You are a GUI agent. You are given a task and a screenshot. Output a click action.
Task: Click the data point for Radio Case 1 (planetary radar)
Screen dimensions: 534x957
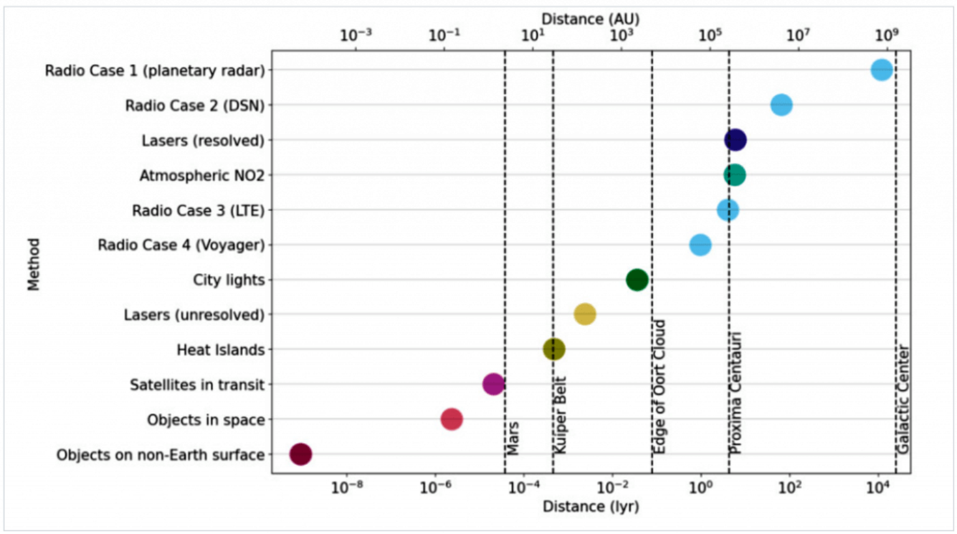tap(882, 70)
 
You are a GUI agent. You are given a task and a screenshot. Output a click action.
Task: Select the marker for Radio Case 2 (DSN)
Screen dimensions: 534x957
tap(781, 105)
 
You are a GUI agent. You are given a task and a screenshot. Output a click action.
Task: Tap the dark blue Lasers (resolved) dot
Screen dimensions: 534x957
tap(735, 140)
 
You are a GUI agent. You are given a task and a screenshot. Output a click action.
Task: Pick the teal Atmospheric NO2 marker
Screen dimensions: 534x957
tap(735, 175)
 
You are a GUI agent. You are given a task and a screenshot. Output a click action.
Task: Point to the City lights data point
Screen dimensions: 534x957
tap(637, 280)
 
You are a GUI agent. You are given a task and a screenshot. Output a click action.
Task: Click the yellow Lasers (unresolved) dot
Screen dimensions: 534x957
tap(584, 314)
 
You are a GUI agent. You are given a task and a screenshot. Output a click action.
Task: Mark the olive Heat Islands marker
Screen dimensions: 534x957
tap(554, 349)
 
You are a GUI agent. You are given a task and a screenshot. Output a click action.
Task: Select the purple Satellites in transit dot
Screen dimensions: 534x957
tap(493, 384)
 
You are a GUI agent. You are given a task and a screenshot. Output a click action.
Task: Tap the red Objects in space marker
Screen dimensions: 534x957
tap(452, 419)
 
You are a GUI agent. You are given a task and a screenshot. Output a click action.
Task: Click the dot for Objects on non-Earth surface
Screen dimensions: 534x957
tap(300, 454)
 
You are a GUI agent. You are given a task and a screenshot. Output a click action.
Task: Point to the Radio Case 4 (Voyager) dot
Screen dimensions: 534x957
tap(700, 245)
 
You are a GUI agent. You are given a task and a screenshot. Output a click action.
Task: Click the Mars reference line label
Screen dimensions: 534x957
tap(513, 438)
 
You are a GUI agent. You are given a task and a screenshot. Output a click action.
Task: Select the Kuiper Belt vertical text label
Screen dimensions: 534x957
tap(560, 415)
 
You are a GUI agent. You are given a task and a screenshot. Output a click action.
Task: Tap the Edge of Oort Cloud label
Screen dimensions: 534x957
tap(659, 386)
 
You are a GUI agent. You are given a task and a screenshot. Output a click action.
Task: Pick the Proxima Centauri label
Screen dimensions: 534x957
tap(736, 393)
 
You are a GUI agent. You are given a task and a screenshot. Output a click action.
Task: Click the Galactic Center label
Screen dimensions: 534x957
tap(903, 400)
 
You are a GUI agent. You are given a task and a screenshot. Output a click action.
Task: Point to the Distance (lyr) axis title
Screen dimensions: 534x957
tap(591, 507)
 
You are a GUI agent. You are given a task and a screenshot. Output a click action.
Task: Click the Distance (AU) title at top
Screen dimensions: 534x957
tap(590, 19)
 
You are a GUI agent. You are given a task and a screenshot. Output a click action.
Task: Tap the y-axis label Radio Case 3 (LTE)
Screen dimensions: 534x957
tap(198, 211)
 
